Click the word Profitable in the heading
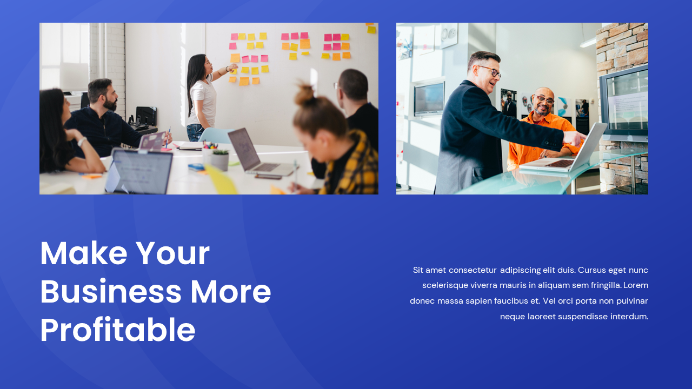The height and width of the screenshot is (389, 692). point(117,330)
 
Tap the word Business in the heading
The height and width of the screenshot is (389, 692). point(110,292)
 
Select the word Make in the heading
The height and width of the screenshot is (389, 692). point(83,253)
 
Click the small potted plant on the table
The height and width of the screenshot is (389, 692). point(219,159)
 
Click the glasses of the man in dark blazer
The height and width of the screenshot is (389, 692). point(489,71)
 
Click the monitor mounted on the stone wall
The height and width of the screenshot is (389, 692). point(626,103)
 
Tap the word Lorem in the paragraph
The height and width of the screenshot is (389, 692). point(635,285)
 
